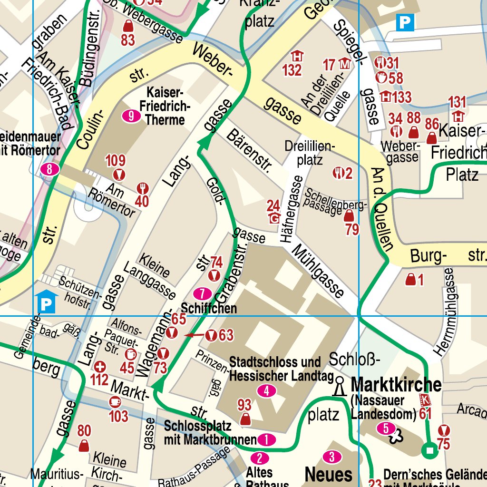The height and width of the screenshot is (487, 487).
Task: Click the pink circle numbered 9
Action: pos(132,116)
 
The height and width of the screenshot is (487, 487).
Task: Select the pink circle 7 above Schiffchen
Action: pos(203,293)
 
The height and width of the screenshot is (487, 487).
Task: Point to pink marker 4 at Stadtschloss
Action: pos(266,391)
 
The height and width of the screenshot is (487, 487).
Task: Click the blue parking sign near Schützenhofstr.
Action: pos(47,303)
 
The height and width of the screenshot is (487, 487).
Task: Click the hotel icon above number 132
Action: pos(297,56)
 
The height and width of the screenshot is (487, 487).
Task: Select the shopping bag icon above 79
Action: pos(349,216)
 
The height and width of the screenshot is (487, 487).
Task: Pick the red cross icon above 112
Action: pos(99,367)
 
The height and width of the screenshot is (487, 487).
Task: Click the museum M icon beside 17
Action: pos(345,63)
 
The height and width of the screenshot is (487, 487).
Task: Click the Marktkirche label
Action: pos(397,384)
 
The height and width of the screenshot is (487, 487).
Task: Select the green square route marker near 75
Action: pos(430,450)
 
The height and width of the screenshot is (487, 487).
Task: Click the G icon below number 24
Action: pos(274,218)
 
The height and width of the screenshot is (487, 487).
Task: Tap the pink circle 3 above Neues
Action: pos(332,457)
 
